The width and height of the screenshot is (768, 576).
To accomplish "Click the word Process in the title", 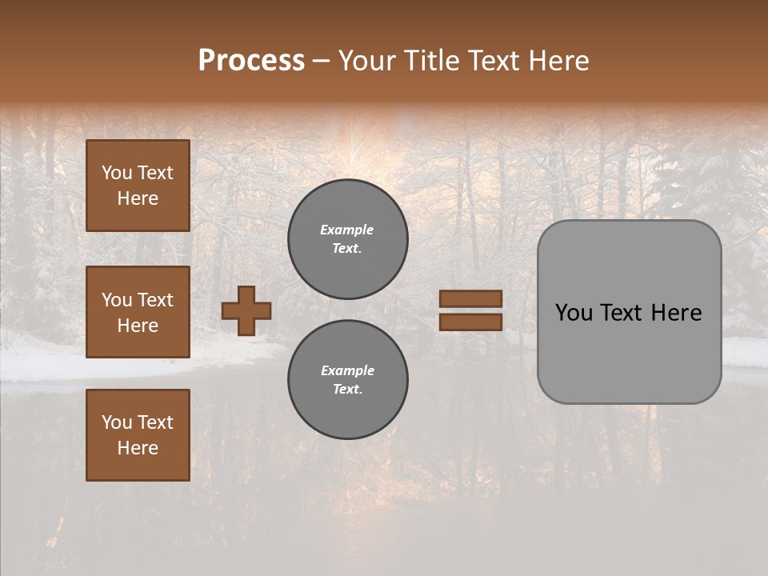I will [x=251, y=61].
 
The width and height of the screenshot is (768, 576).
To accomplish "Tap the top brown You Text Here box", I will [x=138, y=186].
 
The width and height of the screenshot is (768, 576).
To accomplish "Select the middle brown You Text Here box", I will [x=138, y=312].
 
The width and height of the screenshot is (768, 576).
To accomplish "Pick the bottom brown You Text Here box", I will [x=138, y=435].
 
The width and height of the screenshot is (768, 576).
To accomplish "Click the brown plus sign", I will [x=246, y=310].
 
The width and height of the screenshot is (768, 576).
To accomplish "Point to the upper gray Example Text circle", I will [x=348, y=239].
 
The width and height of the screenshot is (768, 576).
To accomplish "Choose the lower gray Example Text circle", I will [x=348, y=380].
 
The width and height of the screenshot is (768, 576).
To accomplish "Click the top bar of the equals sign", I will [x=471, y=298].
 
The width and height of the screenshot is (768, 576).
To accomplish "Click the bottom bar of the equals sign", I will [x=471, y=322].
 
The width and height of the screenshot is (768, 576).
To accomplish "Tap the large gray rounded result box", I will [x=630, y=352].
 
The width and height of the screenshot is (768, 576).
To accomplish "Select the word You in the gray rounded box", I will [x=573, y=313].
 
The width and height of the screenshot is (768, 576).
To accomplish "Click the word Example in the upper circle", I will [x=347, y=230].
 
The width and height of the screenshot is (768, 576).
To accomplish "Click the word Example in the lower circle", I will [x=347, y=370].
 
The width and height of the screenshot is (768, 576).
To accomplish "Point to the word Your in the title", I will [x=368, y=61].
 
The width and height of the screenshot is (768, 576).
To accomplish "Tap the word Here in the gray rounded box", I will [x=676, y=313].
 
